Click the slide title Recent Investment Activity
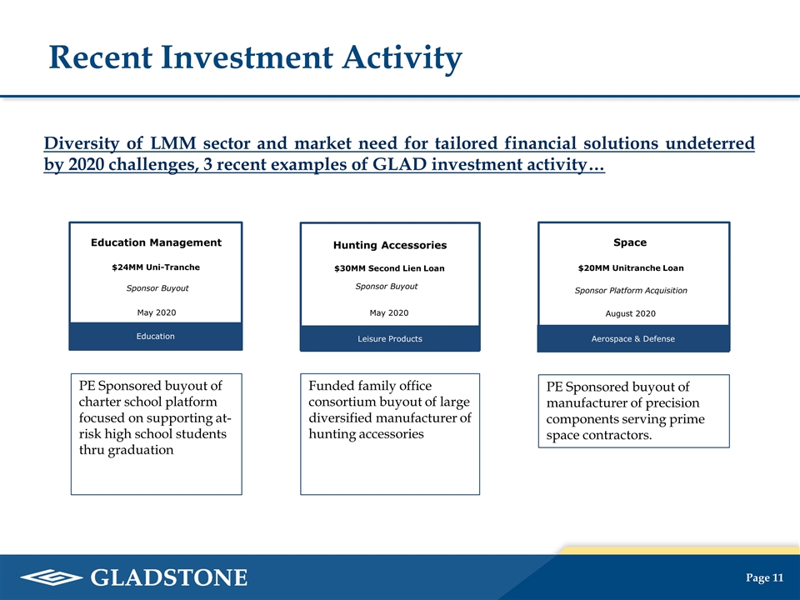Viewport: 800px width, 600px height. click(x=256, y=57)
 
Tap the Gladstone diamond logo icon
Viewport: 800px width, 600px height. click(x=52, y=577)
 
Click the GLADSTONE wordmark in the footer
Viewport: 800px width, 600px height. click(x=169, y=577)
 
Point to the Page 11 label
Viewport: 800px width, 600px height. click(x=764, y=577)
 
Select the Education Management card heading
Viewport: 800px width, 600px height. click(x=156, y=242)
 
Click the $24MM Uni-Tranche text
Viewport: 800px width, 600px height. click(x=156, y=267)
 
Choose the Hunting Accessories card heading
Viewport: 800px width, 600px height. click(x=390, y=245)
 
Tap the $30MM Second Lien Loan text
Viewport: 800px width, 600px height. click(x=389, y=268)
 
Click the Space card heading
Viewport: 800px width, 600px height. click(x=630, y=242)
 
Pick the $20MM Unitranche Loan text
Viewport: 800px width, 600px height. click(x=631, y=267)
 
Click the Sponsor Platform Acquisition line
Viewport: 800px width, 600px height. click(x=631, y=290)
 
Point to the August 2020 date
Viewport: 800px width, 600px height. click(x=631, y=313)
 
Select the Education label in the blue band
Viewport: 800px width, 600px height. click(x=156, y=336)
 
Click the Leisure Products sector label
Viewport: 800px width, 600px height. click(x=390, y=339)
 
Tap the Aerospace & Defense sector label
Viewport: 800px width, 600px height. click(x=633, y=339)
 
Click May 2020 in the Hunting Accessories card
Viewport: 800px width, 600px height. click(x=389, y=312)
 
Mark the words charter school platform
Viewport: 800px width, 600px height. click(x=148, y=402)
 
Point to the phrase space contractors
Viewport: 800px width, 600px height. click(x=599, y=435)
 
